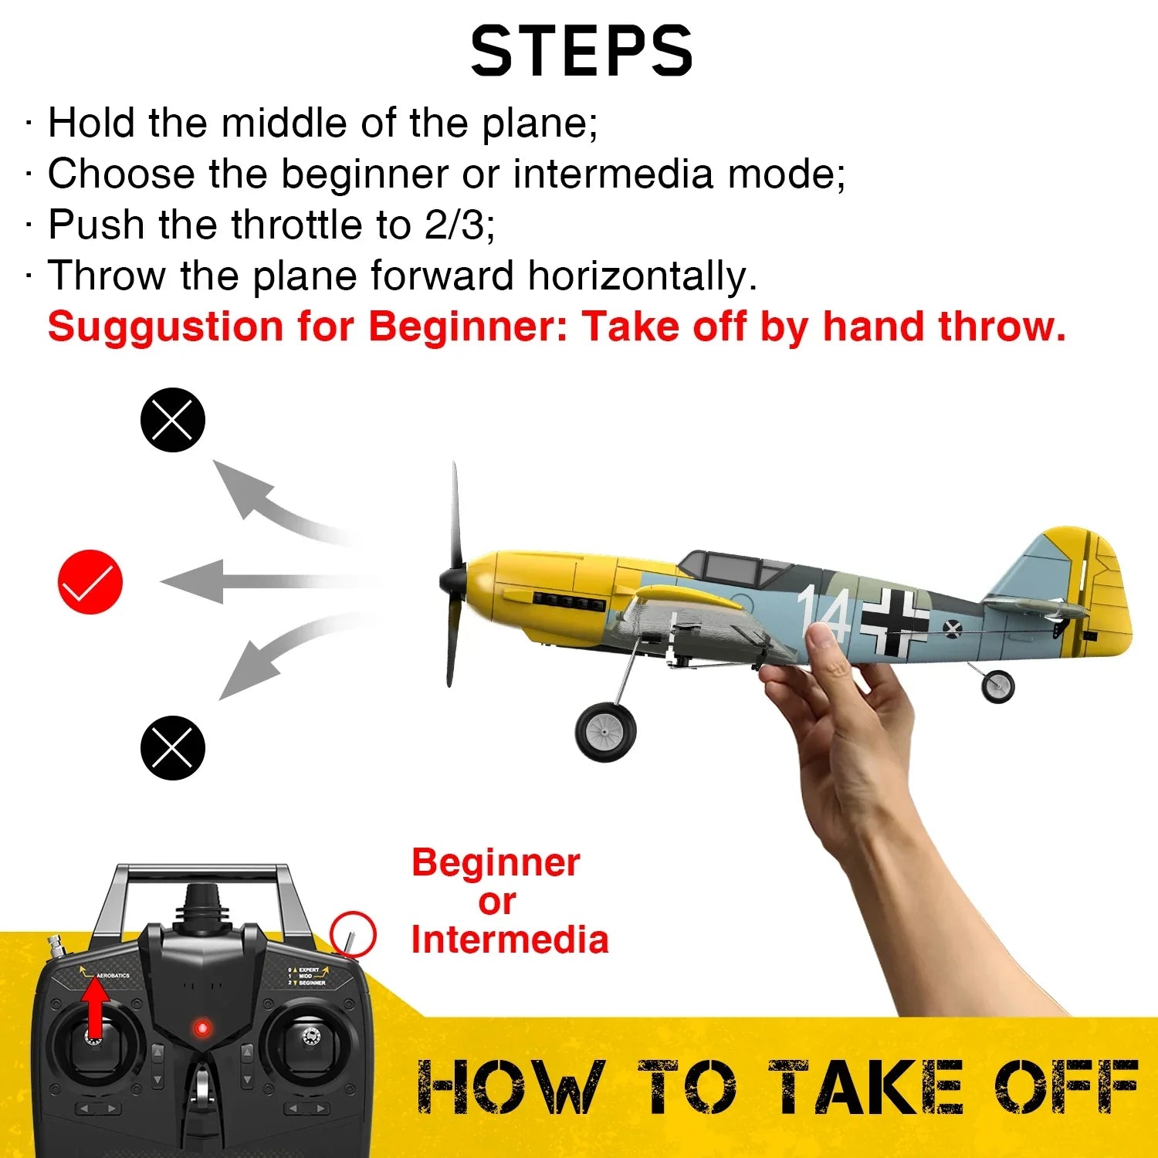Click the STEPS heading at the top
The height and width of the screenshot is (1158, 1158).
[x=581, y=51]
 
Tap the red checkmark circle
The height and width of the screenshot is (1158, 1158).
[x=90, y=582]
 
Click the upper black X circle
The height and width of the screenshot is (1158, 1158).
[x=172, y=420]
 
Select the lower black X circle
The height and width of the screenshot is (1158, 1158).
[x=172, y=748]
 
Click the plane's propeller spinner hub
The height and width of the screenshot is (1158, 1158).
[x=452, y=580]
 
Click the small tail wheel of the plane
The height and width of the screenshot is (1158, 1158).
[x=997, y=686]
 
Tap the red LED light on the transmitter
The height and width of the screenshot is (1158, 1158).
[x=202, y=1028]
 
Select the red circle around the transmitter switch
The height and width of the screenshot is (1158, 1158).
[x=353, y=935]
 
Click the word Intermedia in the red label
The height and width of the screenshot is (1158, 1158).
[x=510, y=940]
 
